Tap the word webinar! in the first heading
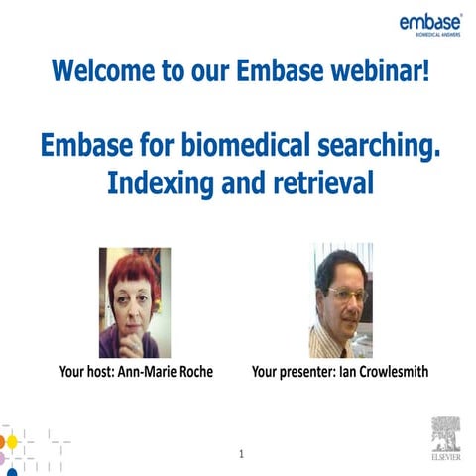coord(380,71)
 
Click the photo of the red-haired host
coord(134,301)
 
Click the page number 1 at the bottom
coord(241,454)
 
